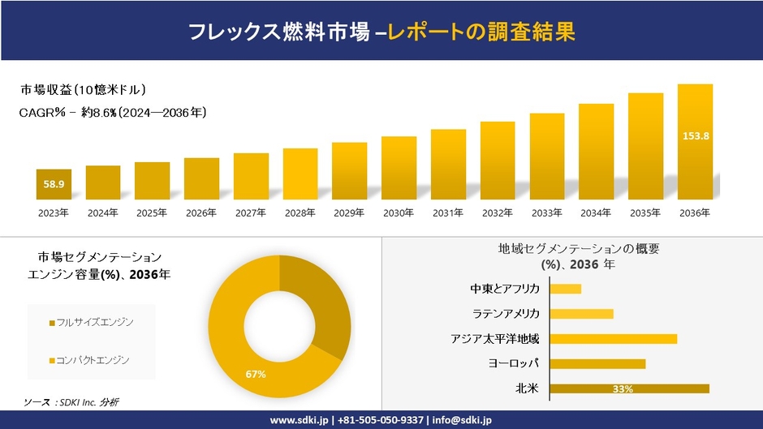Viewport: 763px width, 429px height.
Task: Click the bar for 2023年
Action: (54, 184)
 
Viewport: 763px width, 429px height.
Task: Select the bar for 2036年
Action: (695, 142)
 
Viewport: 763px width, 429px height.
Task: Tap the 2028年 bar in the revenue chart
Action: (300, 174)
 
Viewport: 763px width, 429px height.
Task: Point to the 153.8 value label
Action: (695, 135)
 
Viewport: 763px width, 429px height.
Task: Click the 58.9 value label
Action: (54, 185)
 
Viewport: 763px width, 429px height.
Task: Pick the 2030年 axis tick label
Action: (399, 212)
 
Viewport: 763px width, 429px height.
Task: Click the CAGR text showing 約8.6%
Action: (112, 113)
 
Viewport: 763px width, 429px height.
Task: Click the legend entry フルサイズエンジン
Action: (91, 323)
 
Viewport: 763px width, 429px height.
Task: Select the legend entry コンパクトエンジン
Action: (91, 359)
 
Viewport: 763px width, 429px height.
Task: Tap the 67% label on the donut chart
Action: (256, 374)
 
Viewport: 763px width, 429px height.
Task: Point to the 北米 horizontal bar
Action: (629, 389)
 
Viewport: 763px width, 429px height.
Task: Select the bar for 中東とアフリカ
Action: (566, 289)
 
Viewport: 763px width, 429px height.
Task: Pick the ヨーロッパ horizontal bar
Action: (597, 363)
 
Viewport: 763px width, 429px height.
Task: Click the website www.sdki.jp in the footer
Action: (299, 420)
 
